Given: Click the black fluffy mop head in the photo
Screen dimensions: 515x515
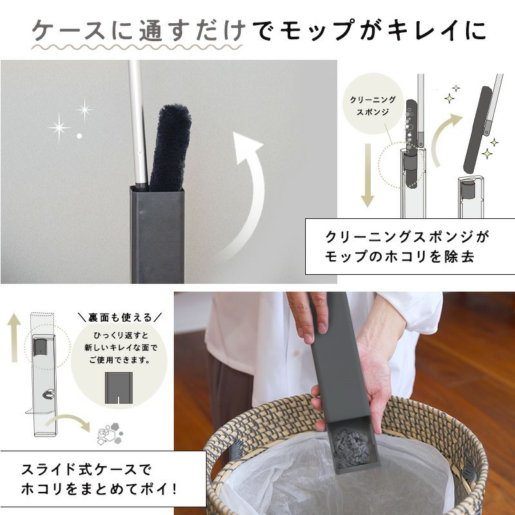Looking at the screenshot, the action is click(170, 148).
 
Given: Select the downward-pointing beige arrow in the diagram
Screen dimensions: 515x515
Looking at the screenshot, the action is click(368, 175).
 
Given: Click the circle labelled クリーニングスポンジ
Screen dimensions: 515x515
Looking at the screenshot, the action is click(373, 104).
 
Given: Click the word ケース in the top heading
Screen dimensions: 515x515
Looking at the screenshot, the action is click(68, 30).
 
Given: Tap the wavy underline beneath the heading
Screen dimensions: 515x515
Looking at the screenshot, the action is click(136, 47).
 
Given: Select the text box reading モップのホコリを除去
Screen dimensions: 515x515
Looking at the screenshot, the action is click(410, 247).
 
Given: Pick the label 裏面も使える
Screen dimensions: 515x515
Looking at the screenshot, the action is click(120, 317).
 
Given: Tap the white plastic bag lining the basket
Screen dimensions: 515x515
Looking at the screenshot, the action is click(335, 480).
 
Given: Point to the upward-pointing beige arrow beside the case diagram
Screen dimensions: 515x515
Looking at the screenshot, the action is click(14, 337).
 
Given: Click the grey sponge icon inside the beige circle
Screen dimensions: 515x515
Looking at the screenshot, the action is click(118, 388).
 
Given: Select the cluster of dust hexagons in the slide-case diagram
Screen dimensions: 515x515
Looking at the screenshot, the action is click(110, 433).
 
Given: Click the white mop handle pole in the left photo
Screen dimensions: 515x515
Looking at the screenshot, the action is click(138, 125).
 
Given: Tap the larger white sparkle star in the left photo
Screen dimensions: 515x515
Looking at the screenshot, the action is click(59, 127).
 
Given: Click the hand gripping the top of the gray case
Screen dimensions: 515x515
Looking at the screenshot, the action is click(308, 316).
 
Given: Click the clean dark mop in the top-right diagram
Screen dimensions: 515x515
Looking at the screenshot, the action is click(478, 129).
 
